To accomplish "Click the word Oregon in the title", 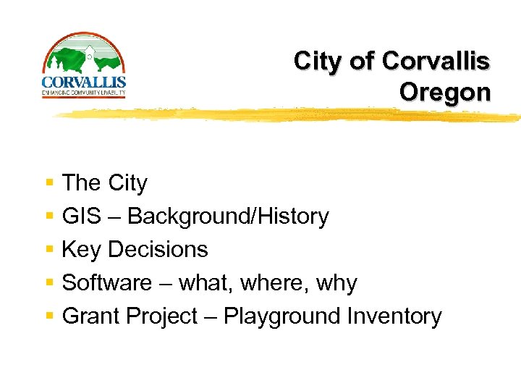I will pyautogui.click(x=444, y=93).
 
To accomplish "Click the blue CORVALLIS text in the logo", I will pyautogui.click(x=84, y=82).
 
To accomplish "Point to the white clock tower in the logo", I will pyautogui.click(x=88, y=54).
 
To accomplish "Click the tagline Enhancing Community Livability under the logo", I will pyautogui.click(x=84, y=92).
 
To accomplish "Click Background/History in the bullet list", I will pyautogui.click(x=228, y=216).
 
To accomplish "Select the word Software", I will pyautogui.click(x=107, y=283).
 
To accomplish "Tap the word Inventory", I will pyautogui.click(x=394, y=316).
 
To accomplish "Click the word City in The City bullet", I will pyautogui.click(x=127, y=183).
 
